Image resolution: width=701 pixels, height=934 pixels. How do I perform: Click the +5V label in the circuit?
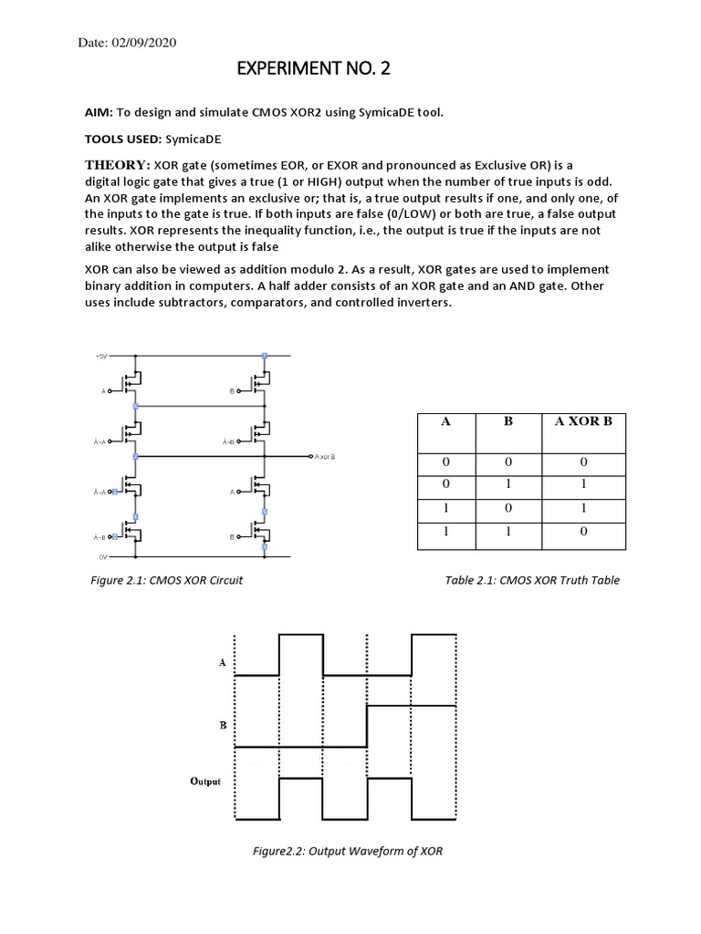tap(100, 356)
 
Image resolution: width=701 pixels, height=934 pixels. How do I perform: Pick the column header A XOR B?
tap(584, 422)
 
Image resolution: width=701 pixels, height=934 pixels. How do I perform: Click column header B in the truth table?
tap(507, 422)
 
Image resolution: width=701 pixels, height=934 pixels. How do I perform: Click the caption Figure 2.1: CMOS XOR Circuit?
tap(173, 579)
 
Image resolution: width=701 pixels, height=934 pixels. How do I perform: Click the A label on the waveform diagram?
tap(222, 662)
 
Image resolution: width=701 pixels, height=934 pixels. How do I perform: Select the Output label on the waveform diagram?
tap(205, 781)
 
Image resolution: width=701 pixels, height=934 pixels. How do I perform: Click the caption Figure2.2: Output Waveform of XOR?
tap(347, 851)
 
